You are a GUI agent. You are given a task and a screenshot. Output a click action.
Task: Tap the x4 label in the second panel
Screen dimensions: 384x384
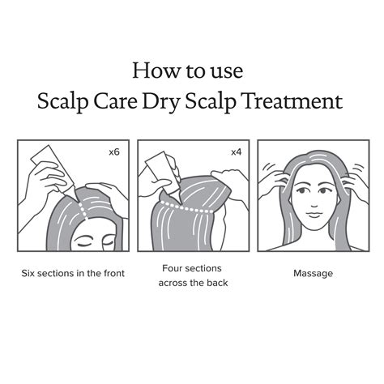pyautogui.click(x=236, y=152)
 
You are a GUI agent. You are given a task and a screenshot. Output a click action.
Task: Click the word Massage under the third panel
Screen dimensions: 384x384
pyautogui.click(x=313, y=274)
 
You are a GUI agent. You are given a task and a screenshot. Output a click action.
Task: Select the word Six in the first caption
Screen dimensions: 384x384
pyautogui.click(x=30, y=274)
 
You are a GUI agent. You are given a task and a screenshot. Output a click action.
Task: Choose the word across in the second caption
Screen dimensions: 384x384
pyautogui.click(x=178, y=283)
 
